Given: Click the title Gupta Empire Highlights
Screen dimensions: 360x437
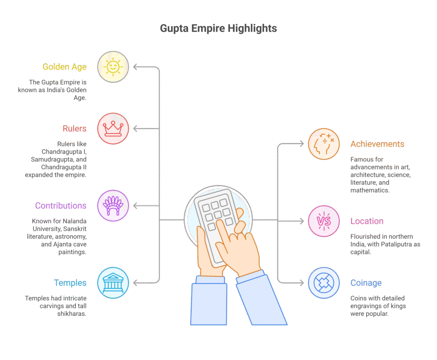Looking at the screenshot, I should [x=218, y=29].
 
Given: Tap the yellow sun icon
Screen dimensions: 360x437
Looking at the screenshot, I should [x=113, y=67].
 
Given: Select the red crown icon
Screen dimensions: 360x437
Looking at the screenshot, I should [x=113, y=128].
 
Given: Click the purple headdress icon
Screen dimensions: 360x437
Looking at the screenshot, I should [x=113, y=205].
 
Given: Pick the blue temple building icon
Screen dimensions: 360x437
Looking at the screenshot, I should [x=113, y=283].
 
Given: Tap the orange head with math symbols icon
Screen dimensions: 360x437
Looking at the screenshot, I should [x=324, y=144].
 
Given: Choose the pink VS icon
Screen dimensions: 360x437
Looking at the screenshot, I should [x=324, y=221].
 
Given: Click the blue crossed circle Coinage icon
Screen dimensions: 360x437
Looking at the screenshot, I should [x=324, y=283].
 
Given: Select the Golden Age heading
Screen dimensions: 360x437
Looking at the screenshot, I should [x=64, y=67].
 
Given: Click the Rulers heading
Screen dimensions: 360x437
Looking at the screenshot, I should [x=74, y=129].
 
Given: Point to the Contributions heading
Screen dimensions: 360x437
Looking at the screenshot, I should [x=61, y=206].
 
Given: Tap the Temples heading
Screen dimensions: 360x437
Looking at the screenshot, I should [x=70, y=283].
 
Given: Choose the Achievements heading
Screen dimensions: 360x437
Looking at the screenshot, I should [x=377, y=144].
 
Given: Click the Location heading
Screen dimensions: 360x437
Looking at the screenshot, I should [x=367, y=221].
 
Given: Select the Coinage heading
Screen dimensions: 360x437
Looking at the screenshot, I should [x=366, y=283].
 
